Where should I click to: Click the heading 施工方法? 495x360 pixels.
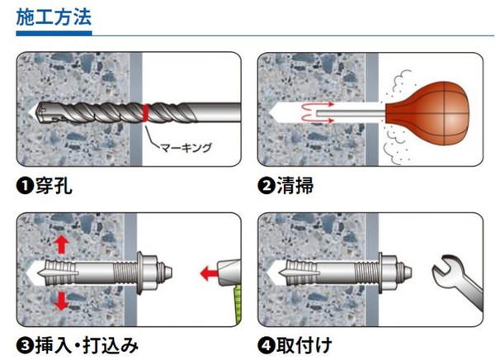click(x=54, y=17)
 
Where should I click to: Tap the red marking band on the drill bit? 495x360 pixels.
click(x=145, y=113)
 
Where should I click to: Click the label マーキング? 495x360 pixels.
click(x=186, y=148)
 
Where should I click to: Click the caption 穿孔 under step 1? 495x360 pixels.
click(x=54, y=186)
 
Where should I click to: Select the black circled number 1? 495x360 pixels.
click(x=25, y=186)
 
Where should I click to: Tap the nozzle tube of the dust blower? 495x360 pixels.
click(x=351, y=114)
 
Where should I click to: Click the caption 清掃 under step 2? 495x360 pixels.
click(x=295, y=186)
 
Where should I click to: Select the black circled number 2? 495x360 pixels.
click(x=266, y=186)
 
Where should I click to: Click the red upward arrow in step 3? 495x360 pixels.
click(x=61, y=245)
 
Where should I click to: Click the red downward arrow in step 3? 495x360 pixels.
click(x=61, y=301)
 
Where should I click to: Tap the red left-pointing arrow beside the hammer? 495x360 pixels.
click(x=210, y=272)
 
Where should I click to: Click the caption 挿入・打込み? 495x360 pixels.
click(x=87, y=345)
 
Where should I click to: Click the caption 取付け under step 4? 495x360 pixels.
click(x=304, y=345)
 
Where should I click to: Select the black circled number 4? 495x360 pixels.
click(x=266, y=346)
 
